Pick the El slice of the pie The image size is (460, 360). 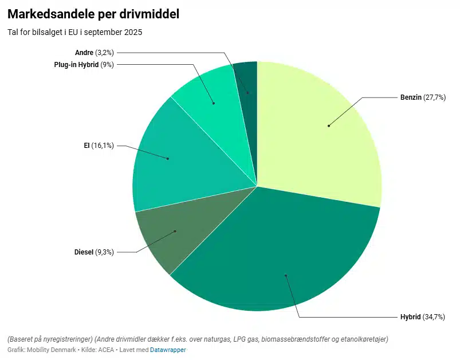click(x=172, y=161)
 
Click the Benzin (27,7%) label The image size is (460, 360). click(x=422, y=98)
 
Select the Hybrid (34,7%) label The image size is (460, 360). click(x=422, y=317)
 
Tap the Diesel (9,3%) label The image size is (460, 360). click(x=94, y=252)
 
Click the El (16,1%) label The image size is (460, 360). click(x=99, y=146)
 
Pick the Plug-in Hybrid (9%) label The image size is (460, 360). click(x=84, y=65)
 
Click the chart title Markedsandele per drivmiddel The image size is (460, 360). click(x=93, y=14)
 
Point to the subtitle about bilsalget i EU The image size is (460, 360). click(x=74, y=32)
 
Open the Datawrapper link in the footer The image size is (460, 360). click(x=168, y=350)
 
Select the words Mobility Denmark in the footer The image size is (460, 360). click(x=52, y=350)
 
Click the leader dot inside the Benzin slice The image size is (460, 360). click(x=329, y=126)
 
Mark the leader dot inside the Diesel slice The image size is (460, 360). click(x=175, y=232)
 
